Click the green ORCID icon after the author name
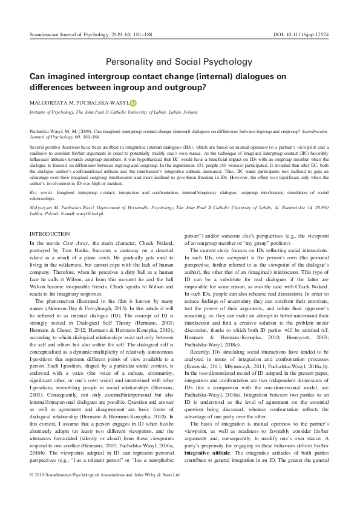(x=134, y=103)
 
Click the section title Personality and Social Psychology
(x=180, y=62)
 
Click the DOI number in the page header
(x=312, y=36)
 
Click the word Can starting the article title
(x=38, y=76)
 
